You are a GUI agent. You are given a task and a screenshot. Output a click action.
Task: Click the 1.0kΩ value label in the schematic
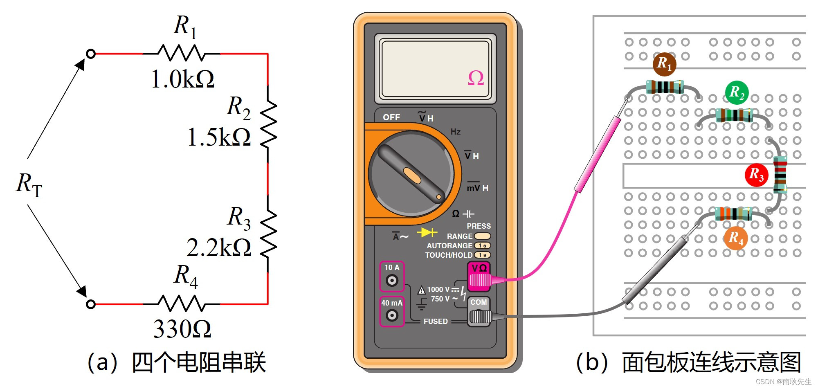point(182,79)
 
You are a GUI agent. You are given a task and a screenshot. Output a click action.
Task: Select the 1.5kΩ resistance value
point(219,137)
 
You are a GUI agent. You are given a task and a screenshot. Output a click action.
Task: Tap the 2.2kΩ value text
point(219,247)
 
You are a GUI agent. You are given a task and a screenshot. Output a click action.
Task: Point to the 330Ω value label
point(182,329)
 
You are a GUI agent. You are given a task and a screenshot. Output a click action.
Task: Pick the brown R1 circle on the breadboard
point(664,64)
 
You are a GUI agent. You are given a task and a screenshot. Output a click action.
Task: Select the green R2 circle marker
point(737,92)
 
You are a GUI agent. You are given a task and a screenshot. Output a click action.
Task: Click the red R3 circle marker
point(756,175)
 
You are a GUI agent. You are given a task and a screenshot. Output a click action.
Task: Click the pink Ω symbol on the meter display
point(476,78)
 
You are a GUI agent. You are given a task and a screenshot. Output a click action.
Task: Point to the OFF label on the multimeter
point(391,117)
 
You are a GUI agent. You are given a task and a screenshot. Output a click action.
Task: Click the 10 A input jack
point(392,280)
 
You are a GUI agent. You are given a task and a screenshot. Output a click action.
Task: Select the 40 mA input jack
point(392,315)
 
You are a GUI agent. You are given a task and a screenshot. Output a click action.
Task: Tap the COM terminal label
point(479,302)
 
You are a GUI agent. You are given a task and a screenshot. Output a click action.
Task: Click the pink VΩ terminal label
point(479,268)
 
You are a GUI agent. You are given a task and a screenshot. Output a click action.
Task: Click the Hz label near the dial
point(456,132)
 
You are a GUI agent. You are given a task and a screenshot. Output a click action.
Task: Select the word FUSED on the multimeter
point(436,322)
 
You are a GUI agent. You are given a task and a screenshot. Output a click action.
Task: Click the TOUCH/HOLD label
point(449,255)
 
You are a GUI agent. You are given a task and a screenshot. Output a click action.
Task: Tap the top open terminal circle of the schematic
point(91,54)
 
